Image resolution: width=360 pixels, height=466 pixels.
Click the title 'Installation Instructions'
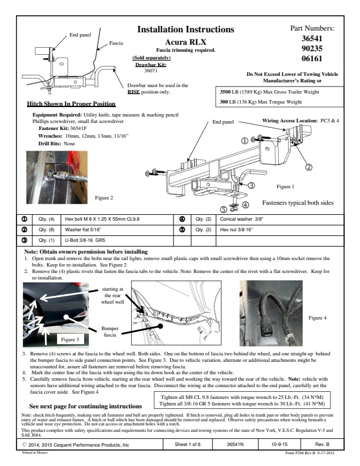(185, 29)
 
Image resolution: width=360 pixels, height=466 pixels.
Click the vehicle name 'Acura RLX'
(185, 42)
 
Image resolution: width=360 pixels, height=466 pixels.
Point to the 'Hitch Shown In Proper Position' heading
(68, 104)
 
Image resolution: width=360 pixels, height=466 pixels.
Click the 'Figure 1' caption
(285, 187)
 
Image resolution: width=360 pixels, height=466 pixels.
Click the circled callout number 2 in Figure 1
(309, 167)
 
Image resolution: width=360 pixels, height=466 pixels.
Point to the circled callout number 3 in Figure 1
(251, 185)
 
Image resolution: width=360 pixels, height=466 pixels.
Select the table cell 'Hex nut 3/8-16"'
(226, 229)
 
